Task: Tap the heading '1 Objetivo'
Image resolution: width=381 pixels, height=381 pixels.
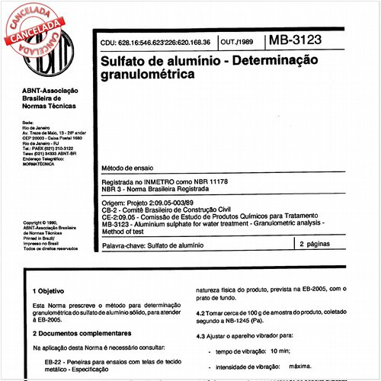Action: pos(50,291)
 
